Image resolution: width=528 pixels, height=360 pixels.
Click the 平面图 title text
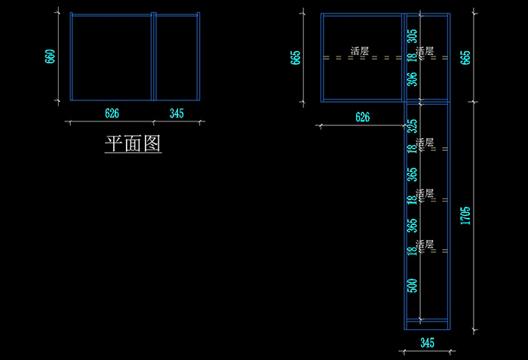tap(133, 143)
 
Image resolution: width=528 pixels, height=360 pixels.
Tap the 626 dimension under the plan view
tap(112, 113)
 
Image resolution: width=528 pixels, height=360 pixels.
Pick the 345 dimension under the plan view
tap(177, 113)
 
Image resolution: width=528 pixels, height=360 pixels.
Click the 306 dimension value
tap(412, 80)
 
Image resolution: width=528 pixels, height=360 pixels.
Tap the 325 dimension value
tap(412, 125)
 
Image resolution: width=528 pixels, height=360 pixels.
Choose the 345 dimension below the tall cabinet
tap(427, 343)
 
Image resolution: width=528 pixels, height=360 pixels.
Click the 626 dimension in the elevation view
tap(362, 117)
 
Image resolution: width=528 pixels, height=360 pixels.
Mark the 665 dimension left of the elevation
tap(295, 57)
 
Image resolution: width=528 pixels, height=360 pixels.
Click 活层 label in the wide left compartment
tap(360, 51)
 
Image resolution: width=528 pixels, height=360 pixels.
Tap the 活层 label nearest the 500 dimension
tap(425, 245)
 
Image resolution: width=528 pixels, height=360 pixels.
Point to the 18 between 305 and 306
tap(412, 58)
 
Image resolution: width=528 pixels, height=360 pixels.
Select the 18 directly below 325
tap(412, 150)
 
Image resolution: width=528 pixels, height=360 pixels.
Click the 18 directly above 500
tap(412, 251)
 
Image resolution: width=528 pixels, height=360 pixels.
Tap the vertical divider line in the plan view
tap(153, 57)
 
